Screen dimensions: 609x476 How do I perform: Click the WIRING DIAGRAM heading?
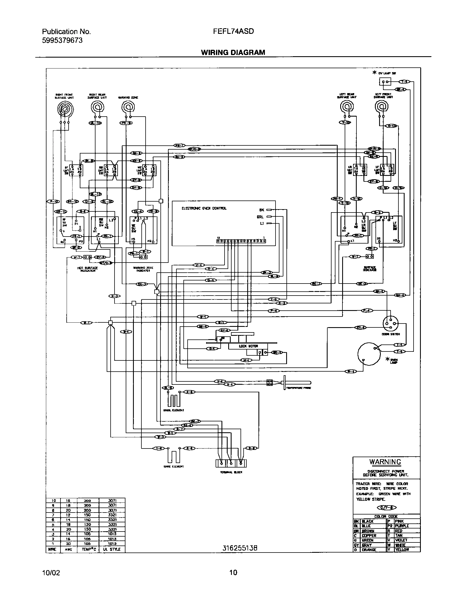233,53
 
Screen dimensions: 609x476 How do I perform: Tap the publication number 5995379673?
62,40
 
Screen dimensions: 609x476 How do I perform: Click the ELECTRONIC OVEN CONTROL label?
204,208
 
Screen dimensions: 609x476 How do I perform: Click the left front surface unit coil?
382,107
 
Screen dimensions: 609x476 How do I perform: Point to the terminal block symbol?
231,463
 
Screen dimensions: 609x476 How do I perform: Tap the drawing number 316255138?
239,548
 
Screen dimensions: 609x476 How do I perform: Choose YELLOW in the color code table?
402,550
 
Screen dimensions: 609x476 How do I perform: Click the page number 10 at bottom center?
233,572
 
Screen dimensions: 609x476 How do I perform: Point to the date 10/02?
51,573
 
